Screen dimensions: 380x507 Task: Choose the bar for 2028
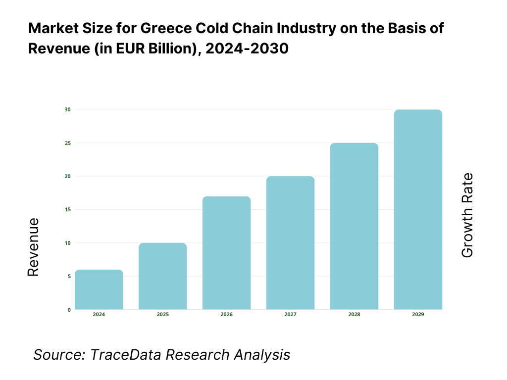tap(354, 226)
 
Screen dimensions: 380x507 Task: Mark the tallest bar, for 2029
tap(418, 209)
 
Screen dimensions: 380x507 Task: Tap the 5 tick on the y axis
tap(69, 276)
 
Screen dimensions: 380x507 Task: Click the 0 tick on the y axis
tap(69, 310)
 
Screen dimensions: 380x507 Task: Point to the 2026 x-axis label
tap(226, 315)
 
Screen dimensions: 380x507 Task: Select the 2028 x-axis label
tap(354, 315)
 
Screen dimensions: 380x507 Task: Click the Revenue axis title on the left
tap(33, 247)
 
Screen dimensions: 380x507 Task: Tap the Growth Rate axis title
tap(467, 215)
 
